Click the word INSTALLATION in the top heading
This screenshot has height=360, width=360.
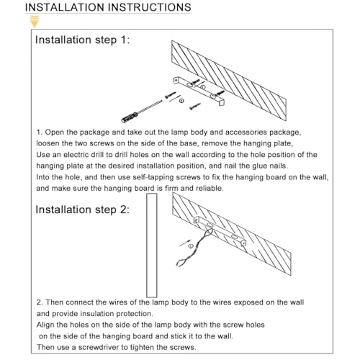65,7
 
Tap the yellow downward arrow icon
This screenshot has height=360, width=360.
35,22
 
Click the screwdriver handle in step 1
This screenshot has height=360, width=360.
130,117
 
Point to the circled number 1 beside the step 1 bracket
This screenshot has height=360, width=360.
203,87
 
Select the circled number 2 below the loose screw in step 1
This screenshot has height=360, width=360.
181,101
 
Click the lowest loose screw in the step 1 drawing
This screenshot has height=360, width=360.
195,107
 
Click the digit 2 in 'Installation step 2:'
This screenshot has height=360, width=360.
123,210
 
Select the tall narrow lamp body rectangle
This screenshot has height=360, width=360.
152,246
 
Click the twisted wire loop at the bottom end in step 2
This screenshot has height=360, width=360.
182,262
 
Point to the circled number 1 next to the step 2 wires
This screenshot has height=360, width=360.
191,246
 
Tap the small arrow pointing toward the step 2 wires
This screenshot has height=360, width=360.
186,243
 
